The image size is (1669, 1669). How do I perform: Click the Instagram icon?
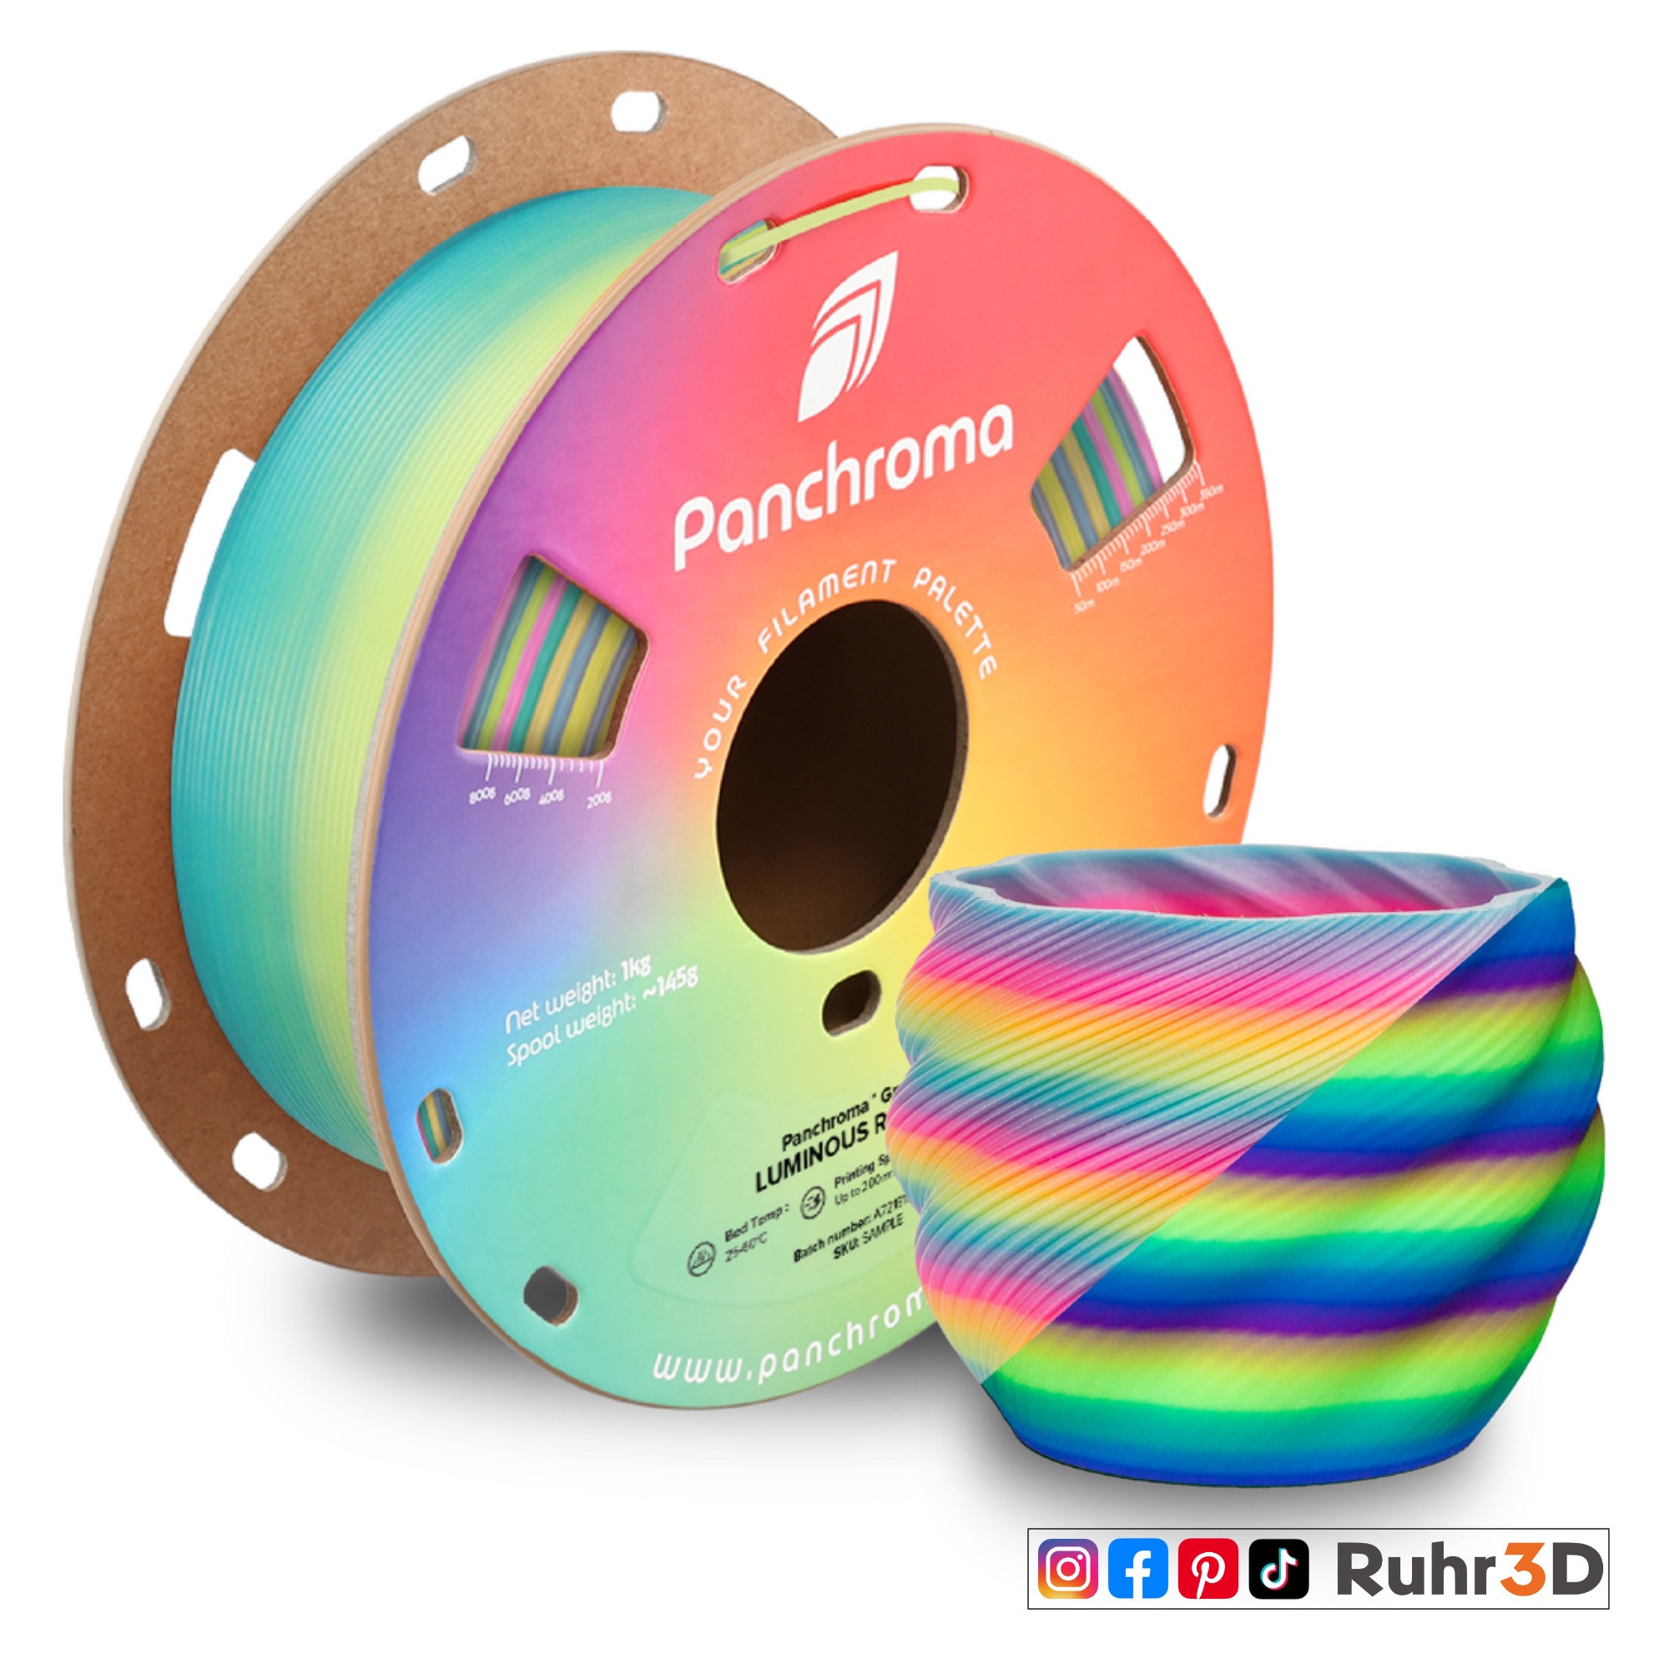point(1068,1569)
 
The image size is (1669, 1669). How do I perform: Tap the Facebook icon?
point(1137,1569)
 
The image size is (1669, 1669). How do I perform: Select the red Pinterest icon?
point(1208,1569)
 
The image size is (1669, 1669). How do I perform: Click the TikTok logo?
point(1278,1569)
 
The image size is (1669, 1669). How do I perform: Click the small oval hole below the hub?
point(851,1002)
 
